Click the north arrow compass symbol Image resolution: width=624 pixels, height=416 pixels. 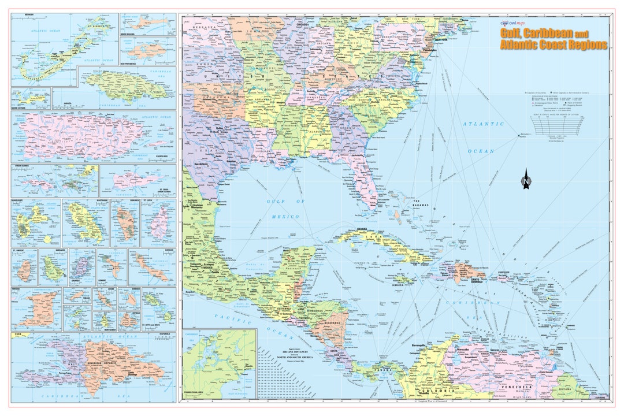pos(526,179)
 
